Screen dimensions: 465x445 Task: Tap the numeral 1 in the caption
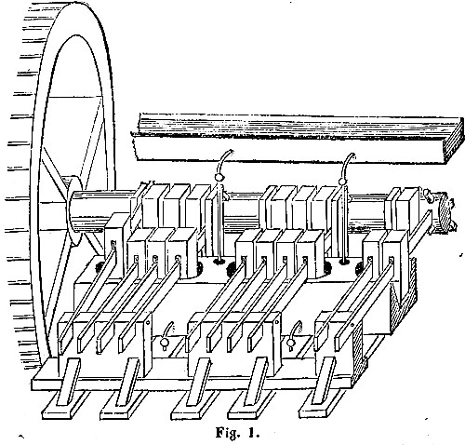252,432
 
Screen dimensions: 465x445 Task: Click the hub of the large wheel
73,211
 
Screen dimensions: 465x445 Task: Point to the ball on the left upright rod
219,178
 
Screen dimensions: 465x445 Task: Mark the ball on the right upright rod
343,182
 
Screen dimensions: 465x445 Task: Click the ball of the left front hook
164,343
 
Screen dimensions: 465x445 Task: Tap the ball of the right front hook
291,343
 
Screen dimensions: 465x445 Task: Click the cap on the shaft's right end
445,209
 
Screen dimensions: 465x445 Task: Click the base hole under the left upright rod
219,262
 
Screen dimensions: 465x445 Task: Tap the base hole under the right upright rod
343,262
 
